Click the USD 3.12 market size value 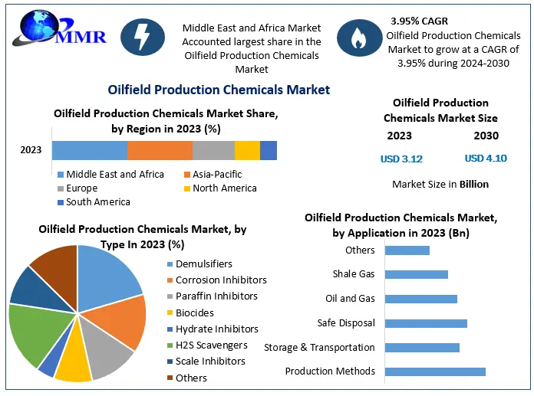(401, 159)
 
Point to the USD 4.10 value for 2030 (485, 159)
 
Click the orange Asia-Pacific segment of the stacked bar (160, 150)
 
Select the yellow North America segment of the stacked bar (247, 150)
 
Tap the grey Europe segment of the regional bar (213, 150)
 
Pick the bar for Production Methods (435, 371)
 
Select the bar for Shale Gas (416, 274)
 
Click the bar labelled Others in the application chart (407, 250)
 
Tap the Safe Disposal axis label (345, 323)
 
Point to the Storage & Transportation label (319, 348)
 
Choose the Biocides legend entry (194, 313)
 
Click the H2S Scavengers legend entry (211, 345)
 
